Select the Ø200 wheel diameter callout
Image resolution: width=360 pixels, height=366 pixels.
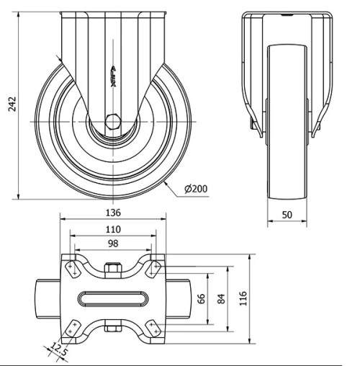click(x=196, y=189)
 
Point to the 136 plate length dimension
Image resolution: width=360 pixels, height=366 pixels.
click(x=112, y=213)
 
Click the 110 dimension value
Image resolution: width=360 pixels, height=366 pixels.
click(x=112, y=229)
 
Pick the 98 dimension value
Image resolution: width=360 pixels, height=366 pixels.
click(x=112, y=244)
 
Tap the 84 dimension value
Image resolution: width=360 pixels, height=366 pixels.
click(x=221, y=297)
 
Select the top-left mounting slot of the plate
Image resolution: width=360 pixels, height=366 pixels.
click(x=72, y=268)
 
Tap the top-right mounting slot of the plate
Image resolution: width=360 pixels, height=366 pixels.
click(x=153, y=268)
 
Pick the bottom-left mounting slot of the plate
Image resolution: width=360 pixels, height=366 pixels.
click(x=72, y=328)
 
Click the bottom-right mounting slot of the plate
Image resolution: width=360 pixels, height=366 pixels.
click(x=153, y=328)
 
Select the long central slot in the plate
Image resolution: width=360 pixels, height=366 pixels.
click(x=112, y=298)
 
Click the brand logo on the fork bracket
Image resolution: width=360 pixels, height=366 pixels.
click(x=112, y=76)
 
